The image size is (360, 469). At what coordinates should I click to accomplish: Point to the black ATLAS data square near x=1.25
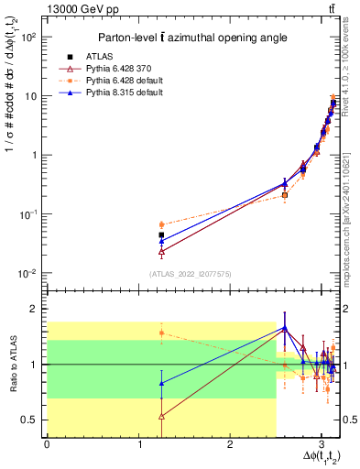pyautogui.click(x=161, y=235)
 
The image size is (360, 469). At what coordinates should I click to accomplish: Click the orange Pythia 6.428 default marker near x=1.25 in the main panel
pyautogui.click(x=161, y=224)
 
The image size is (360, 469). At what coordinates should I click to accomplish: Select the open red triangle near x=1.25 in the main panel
pyautogui.click(x=161, y=251)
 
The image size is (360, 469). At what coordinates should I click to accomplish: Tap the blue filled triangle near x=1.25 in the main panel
pyautogui.click(x=161, y=242)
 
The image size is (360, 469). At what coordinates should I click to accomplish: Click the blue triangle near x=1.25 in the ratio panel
pyautogui.click(x=161, y=384)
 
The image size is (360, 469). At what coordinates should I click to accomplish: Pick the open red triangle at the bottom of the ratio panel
pyautogui.click(x=161, y=416)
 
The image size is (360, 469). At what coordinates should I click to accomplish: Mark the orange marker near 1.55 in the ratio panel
pyautogui.click(x=161, y=333)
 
